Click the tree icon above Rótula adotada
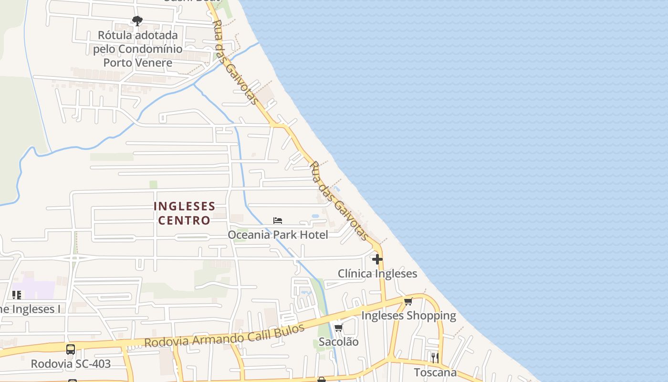[137, 21]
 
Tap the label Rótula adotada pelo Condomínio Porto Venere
[137, 49]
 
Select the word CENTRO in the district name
[184, 220]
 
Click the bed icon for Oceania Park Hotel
[278, 221]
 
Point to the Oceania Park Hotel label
[278, 234]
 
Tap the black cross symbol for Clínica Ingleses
[377, 259]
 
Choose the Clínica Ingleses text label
[377, 274]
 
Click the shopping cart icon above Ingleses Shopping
[408, 301]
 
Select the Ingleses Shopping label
[408, 316]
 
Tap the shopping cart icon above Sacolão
[338, 328]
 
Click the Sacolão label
[338, 342]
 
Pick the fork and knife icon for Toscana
[435, 358]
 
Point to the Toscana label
[435, 372]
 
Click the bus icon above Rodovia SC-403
[71, 350]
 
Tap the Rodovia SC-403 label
[71, 364]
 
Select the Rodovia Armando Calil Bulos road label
[224, 336]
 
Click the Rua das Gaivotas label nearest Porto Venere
[235, 62]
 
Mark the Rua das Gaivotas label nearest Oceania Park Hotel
[339, 201]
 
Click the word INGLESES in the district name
[184, 206]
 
